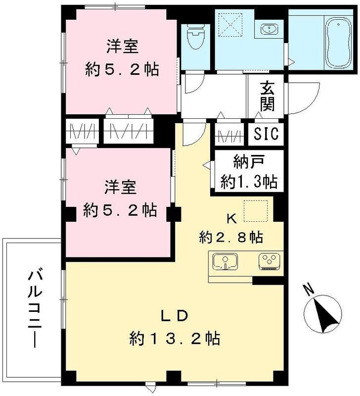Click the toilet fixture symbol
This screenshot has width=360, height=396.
coord(196,37)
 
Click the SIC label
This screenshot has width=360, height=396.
coord(267,134)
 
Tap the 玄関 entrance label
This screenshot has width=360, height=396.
coord(267,97)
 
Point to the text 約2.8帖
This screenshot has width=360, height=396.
coord(230,237)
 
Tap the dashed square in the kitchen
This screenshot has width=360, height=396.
coord(256,210)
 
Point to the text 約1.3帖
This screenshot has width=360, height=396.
coord(248,182)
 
